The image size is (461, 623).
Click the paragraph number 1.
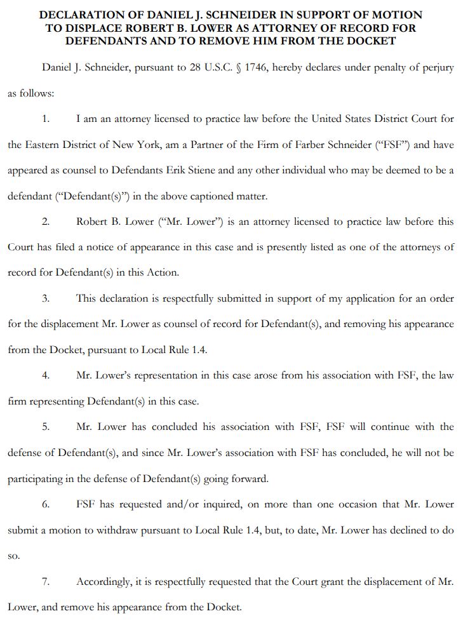click(x=45, y=119)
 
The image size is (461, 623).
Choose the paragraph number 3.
click(x=45, y=298)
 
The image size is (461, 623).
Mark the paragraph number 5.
click(x=45, y=427)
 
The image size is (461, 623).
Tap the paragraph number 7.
click(x=45, y=581)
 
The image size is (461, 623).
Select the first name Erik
click(x=201, y=170)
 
